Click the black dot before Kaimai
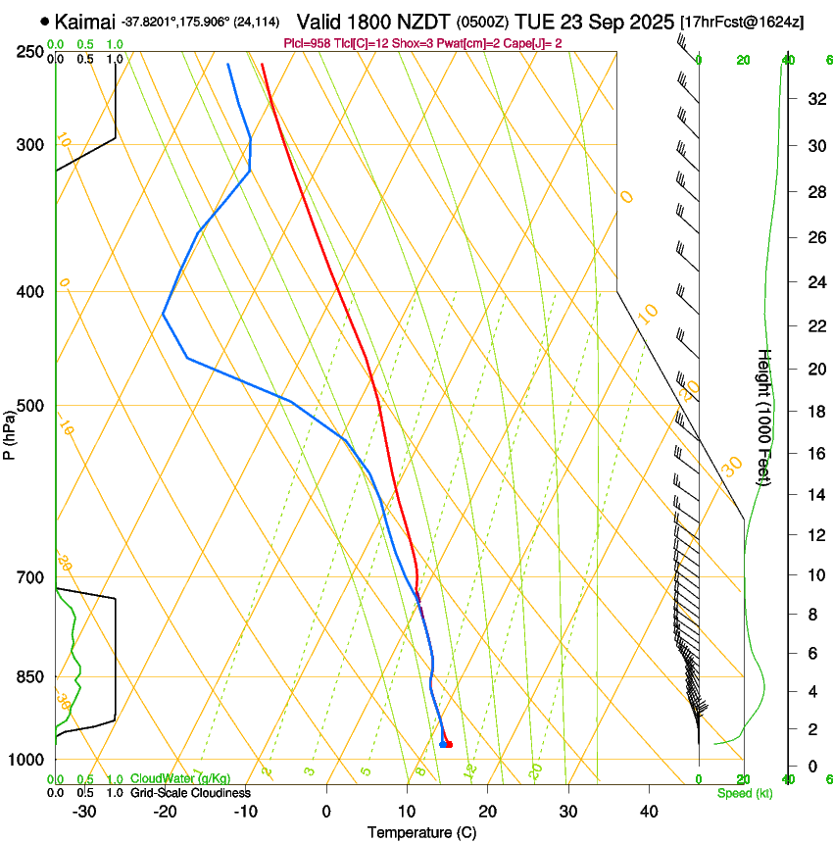tap(45, 21)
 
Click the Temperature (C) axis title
tap(421, 833)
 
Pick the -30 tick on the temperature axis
tap(84, 812)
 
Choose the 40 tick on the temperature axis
tap(648, 812)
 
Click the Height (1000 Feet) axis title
tap(765, 417)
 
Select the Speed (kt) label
tap(745, 793)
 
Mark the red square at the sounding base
tap(449, 745)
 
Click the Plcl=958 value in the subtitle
tap(307, 43)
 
